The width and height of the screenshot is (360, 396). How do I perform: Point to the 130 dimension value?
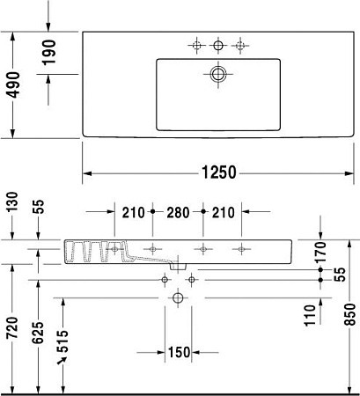12,203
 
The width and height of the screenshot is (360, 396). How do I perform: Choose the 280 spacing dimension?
179,212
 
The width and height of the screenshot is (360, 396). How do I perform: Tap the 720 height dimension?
12,326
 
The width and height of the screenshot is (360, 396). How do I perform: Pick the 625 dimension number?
39,333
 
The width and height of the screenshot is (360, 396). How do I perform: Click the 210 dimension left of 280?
133,212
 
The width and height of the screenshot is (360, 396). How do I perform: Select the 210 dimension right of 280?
224,212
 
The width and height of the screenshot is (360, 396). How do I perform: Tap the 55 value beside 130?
39,208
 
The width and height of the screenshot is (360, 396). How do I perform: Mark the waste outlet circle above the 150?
179,299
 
